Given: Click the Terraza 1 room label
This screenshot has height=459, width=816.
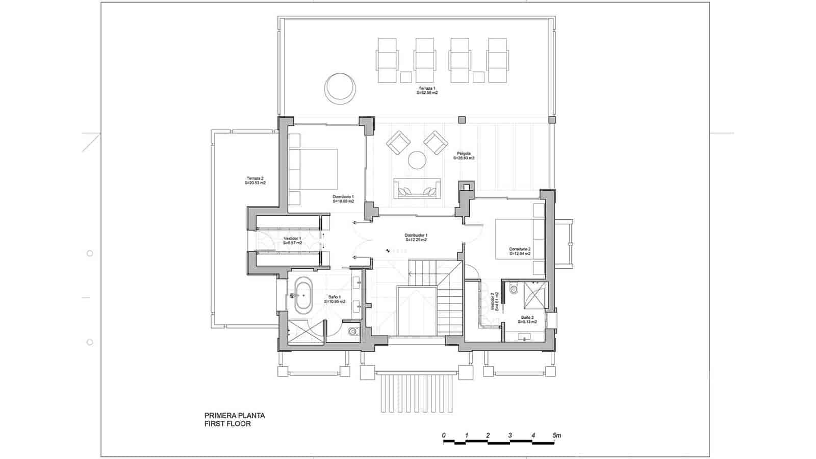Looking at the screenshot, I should [x=427, y=90].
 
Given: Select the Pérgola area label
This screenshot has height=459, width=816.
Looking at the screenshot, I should [x=464, y=156].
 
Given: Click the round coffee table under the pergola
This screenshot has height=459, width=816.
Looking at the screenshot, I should [x=417, y=160].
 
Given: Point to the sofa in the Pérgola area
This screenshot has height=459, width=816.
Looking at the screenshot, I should [x=417, y=188].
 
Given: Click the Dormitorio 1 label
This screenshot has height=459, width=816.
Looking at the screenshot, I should [x=343, y=198].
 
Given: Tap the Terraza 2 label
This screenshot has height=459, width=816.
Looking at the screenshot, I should [x=255, y=180].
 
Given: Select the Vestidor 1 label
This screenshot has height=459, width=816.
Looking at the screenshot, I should [x=292, y=241].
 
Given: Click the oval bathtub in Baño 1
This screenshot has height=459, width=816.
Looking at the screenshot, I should [x=303, y=295].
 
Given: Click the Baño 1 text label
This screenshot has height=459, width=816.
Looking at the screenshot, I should [x=335, y=299].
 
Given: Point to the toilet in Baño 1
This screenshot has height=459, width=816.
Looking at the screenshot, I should [x=352, y=331].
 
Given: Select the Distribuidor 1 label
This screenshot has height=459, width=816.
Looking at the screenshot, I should [x=416, y=237].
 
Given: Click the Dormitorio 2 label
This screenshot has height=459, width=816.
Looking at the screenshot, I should [x=520, y=251].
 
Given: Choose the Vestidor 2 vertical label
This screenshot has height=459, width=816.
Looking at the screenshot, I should [x=493, y=301].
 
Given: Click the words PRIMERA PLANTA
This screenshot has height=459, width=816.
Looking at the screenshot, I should [x=235, y=415].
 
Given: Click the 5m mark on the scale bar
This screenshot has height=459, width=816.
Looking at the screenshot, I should [x=556, y=436].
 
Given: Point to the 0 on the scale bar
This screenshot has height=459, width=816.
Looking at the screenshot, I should [x=444, y=435].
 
